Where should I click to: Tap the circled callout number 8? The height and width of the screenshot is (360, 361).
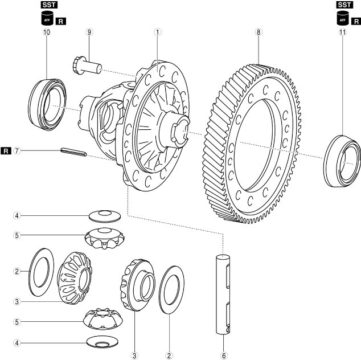259,32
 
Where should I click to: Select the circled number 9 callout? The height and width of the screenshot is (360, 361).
89,32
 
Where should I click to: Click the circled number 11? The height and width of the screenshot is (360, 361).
342,32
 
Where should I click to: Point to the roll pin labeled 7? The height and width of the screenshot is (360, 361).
73,152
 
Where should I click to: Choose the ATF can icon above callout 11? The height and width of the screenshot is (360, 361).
342,19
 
